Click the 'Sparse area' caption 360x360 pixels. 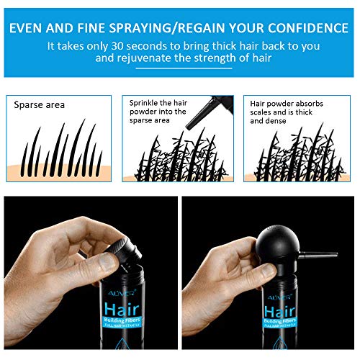click(x=40, y=104)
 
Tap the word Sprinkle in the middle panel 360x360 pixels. click(x=145, y=103)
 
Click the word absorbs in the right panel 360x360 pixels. click(x=316, y=103)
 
